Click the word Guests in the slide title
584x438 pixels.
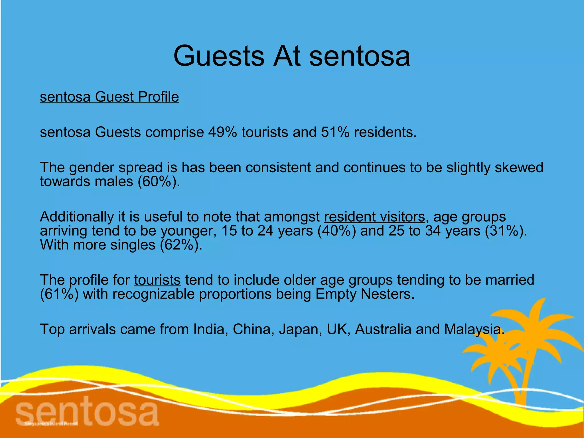pyautogui.click(x=219, y=56)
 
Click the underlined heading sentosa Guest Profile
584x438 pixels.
pyautogui.click(x=109, y=97)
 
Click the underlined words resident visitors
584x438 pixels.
pyautogui.click(x=374, y=217)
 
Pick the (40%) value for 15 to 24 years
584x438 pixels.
pyautogui.click(x=336, y=231)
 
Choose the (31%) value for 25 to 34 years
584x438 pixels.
pyautogui.click(x=506, y=231)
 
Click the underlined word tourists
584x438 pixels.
pyautogui.click(x=157, y=280)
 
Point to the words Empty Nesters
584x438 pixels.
pyautogui.click(x=365, y=294)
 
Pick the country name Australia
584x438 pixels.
pyautogui.click(x=383, y=329)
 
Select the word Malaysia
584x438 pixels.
pyautogui.click(x=474, y=329)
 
